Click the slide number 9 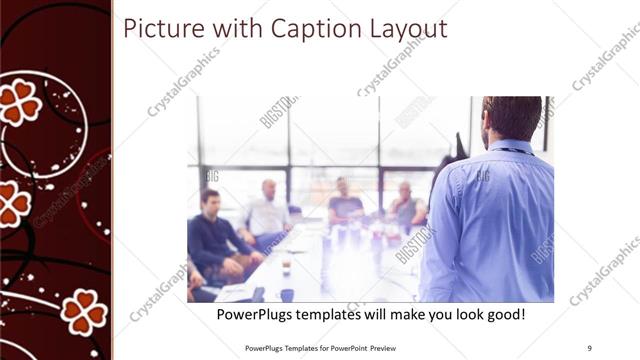pyautogui.click(x=590, y=347)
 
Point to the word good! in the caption pyautogui.click(x=503, y=315)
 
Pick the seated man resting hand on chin pyautogui.click(x=405, y=204)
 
